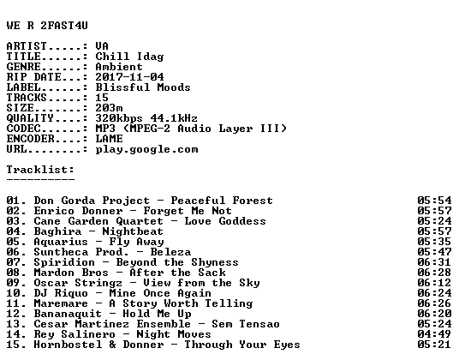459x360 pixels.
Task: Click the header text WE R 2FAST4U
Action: point(47,26)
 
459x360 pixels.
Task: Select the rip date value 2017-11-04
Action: point(129,77)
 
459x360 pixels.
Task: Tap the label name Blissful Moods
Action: point(143,87)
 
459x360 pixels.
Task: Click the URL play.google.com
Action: point(146,149)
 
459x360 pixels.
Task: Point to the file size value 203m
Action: point(109,108)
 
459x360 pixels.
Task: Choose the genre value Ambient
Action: point(119,67)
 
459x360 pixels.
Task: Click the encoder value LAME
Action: point(109,139)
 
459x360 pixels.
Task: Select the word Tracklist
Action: point(39,170)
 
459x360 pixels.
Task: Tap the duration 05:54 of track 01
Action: point(434,201)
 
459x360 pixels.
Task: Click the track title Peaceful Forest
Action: point(222,201)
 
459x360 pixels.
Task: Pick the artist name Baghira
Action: point(57,231)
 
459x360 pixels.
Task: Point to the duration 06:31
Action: point(434,262)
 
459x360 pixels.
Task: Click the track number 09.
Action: point(14,283)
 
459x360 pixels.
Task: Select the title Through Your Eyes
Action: point(242,345)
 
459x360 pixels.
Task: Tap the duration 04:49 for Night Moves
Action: point(434,334)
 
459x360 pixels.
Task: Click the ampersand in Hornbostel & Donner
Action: point(112,345)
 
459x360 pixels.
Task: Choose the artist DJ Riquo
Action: point(61,293)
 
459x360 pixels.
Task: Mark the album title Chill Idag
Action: point(129,57)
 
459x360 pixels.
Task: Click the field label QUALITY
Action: point(30,118)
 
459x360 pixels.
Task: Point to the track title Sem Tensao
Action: point(246,324)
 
